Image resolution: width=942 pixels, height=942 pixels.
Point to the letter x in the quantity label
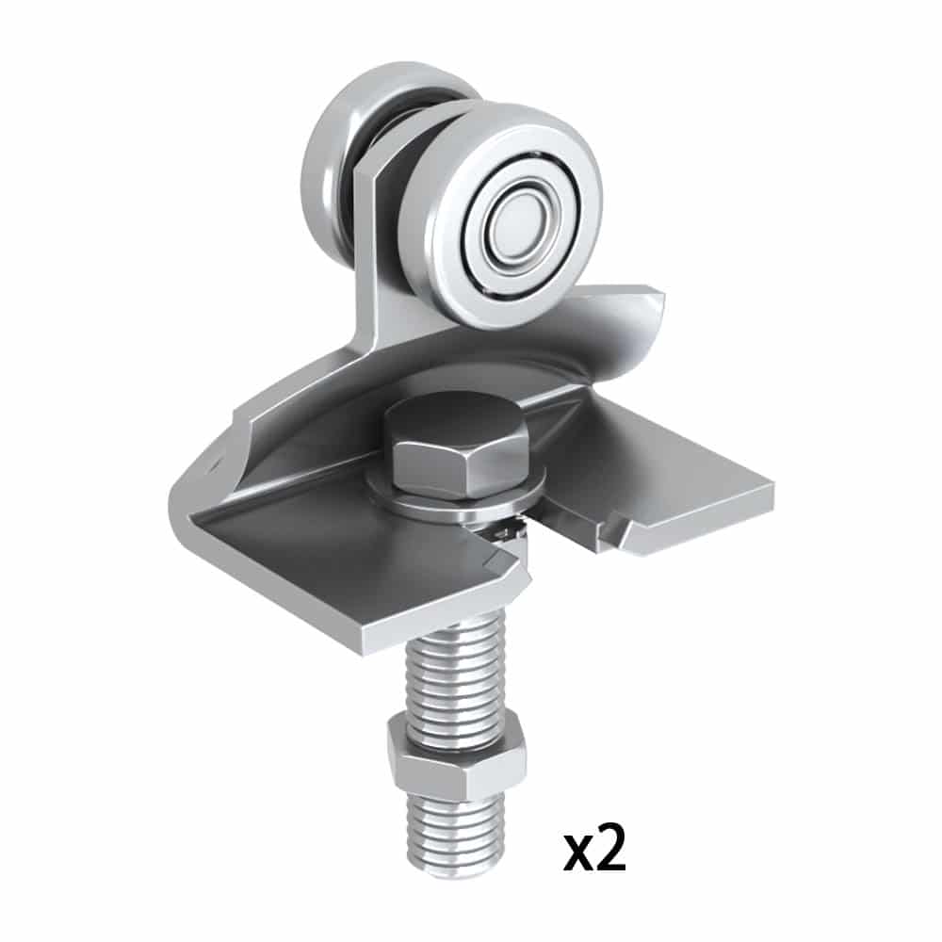tap(577, 853)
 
